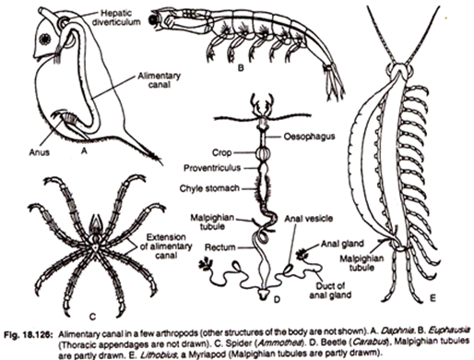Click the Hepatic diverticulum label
[120, 18]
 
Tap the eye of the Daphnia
[45, 39]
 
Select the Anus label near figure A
[40, 152]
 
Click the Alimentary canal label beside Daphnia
[159, 80]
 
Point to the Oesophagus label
[309, 137]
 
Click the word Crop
[222, 152]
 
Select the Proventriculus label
[212, 168]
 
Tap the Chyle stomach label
[209, 188]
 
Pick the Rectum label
[220, 247]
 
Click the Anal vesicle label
[308, 219]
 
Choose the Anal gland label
[342, 244]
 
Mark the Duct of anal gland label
[330, 291]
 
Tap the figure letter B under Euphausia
[241, 67]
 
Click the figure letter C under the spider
[92, 316]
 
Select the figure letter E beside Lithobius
[433, 298]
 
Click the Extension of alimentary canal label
[166, 246]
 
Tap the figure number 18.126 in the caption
[41, 334]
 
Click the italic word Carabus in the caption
[370, 342]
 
